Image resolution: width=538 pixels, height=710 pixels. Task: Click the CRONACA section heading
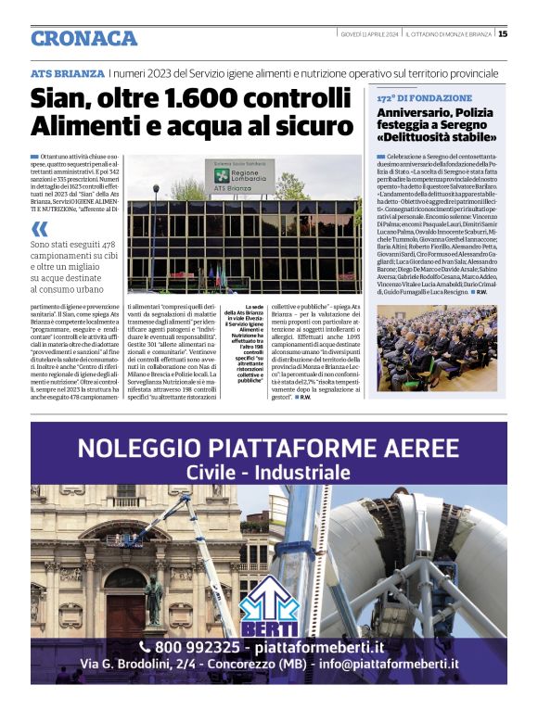click(83, 38)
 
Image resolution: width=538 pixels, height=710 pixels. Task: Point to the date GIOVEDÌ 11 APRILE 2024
click(368, 34)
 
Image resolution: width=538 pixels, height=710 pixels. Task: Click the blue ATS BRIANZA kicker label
click(67, 73)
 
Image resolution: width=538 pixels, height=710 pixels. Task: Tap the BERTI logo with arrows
click(267, 612)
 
